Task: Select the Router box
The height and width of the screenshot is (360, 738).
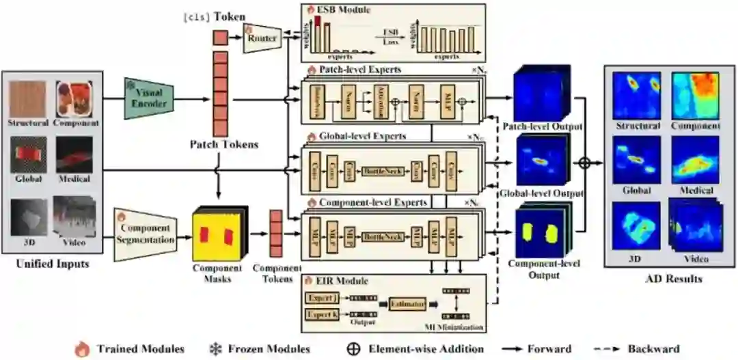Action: pos(262,38)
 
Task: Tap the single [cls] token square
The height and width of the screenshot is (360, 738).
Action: pos(220,38)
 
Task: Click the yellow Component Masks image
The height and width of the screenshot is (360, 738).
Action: pos(216,234)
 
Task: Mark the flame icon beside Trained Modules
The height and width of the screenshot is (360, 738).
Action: pos(82,348)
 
